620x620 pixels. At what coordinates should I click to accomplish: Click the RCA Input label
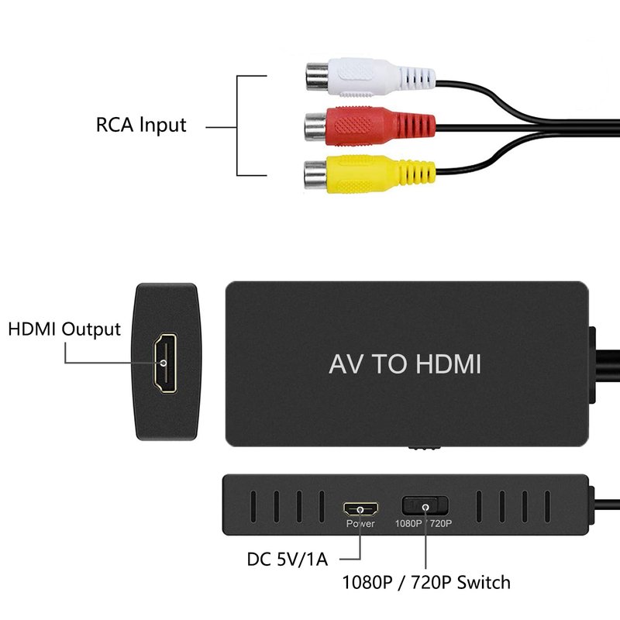pos(141,124)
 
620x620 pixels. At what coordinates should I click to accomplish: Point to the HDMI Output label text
pos(64,329)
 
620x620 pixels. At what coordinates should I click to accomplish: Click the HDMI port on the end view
pos(164,362)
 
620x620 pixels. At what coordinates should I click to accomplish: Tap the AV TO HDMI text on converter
pos(405,364)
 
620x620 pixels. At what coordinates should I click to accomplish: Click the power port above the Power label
pos(360,508)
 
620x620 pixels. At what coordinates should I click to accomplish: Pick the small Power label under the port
pos(360,524)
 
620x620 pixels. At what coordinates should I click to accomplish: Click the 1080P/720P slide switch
pos(425,507)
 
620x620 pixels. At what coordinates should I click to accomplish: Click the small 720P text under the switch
pos(440,524)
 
